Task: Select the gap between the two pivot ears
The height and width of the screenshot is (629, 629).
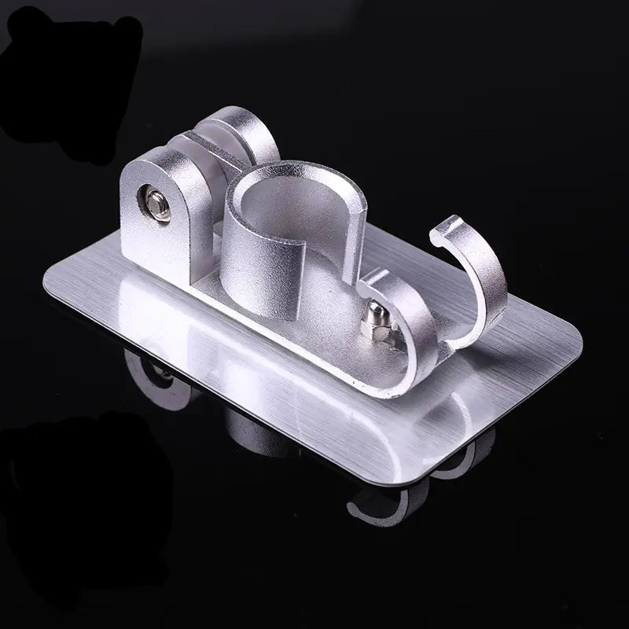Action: point(189,149)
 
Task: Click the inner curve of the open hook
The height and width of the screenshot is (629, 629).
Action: point(464,283)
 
